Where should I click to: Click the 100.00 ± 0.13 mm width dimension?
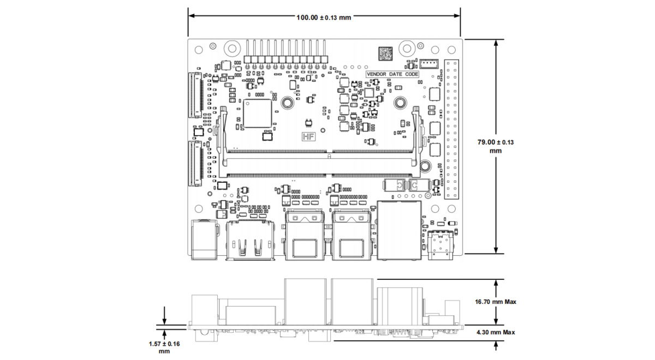coord(324,17)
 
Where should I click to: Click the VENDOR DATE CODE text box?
coord(392,74)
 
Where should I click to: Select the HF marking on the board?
coord(308,138)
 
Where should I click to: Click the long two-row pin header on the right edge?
coord(451,129)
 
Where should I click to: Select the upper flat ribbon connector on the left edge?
coord(195,95)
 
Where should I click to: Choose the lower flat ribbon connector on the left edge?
coord(195,162)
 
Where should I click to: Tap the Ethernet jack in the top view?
coord(400,229)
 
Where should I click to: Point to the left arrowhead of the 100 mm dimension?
coord(190,16)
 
